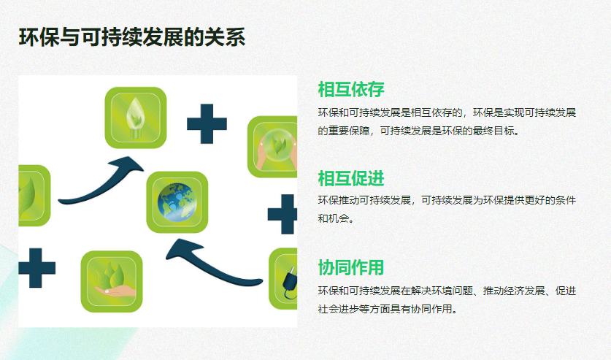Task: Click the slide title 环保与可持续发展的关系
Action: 132,37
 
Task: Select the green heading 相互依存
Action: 351,90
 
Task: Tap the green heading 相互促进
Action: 351,179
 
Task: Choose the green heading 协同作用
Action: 351,268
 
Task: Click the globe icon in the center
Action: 177,202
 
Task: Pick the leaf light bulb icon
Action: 136,118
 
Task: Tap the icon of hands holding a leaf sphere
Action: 272,147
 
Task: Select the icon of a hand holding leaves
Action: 112,281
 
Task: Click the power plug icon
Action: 283,278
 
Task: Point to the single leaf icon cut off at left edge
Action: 34,195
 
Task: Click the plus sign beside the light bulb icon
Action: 207,124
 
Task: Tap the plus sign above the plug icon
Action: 283,214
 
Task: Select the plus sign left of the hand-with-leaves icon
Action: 37,268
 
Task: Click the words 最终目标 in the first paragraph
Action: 493,131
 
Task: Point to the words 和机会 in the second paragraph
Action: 333,218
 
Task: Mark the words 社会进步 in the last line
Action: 339,309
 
